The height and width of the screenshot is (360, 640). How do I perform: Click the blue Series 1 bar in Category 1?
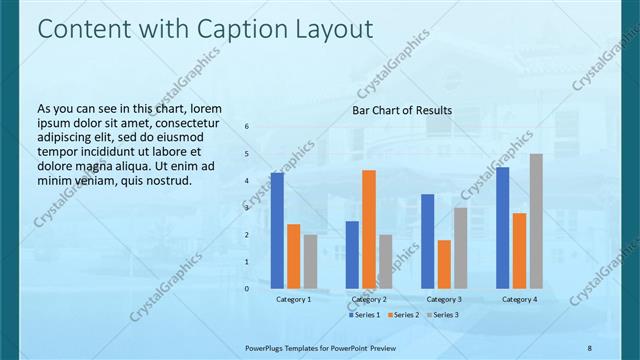coord(277,231)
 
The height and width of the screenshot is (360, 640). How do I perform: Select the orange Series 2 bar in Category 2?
coord(369,229)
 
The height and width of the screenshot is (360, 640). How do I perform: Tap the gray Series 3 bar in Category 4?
coord(536,221)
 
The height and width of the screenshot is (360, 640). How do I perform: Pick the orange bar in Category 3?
coord(444,264)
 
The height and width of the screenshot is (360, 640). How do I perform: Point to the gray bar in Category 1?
coord(310,262)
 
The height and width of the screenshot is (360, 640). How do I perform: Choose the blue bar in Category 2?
coord(352,255)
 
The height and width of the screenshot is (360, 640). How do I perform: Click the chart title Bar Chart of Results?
coord(401,110)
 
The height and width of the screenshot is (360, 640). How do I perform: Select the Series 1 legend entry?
coord(365,315)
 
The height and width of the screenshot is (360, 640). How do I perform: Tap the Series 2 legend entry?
coord(402,315)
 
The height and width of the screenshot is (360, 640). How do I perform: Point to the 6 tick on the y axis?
coord(247,126)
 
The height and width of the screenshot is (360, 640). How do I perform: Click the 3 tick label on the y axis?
coord(247,208)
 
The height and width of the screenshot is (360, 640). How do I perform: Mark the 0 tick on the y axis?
coord(247,289)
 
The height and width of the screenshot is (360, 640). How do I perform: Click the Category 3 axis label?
coord(444,299)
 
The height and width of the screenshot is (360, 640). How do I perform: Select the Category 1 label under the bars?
coord(294,299)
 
